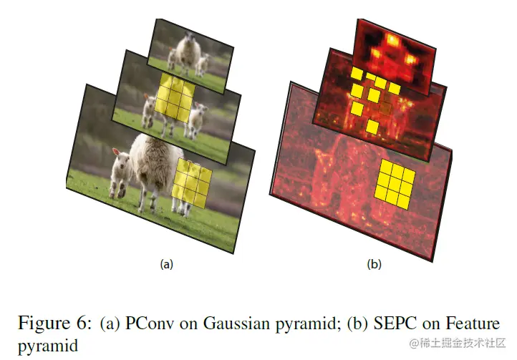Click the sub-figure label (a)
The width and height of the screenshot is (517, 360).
[167, 264]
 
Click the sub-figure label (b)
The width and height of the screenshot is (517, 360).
[374, 264]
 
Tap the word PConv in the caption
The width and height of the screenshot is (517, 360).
[148, 323]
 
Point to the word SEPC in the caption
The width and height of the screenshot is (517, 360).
[392, 323]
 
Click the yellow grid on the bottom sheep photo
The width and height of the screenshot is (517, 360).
[193, 183]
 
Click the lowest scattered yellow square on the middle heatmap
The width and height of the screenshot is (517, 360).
[372, 127]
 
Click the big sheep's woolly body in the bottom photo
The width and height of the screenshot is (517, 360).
[154, 165]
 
